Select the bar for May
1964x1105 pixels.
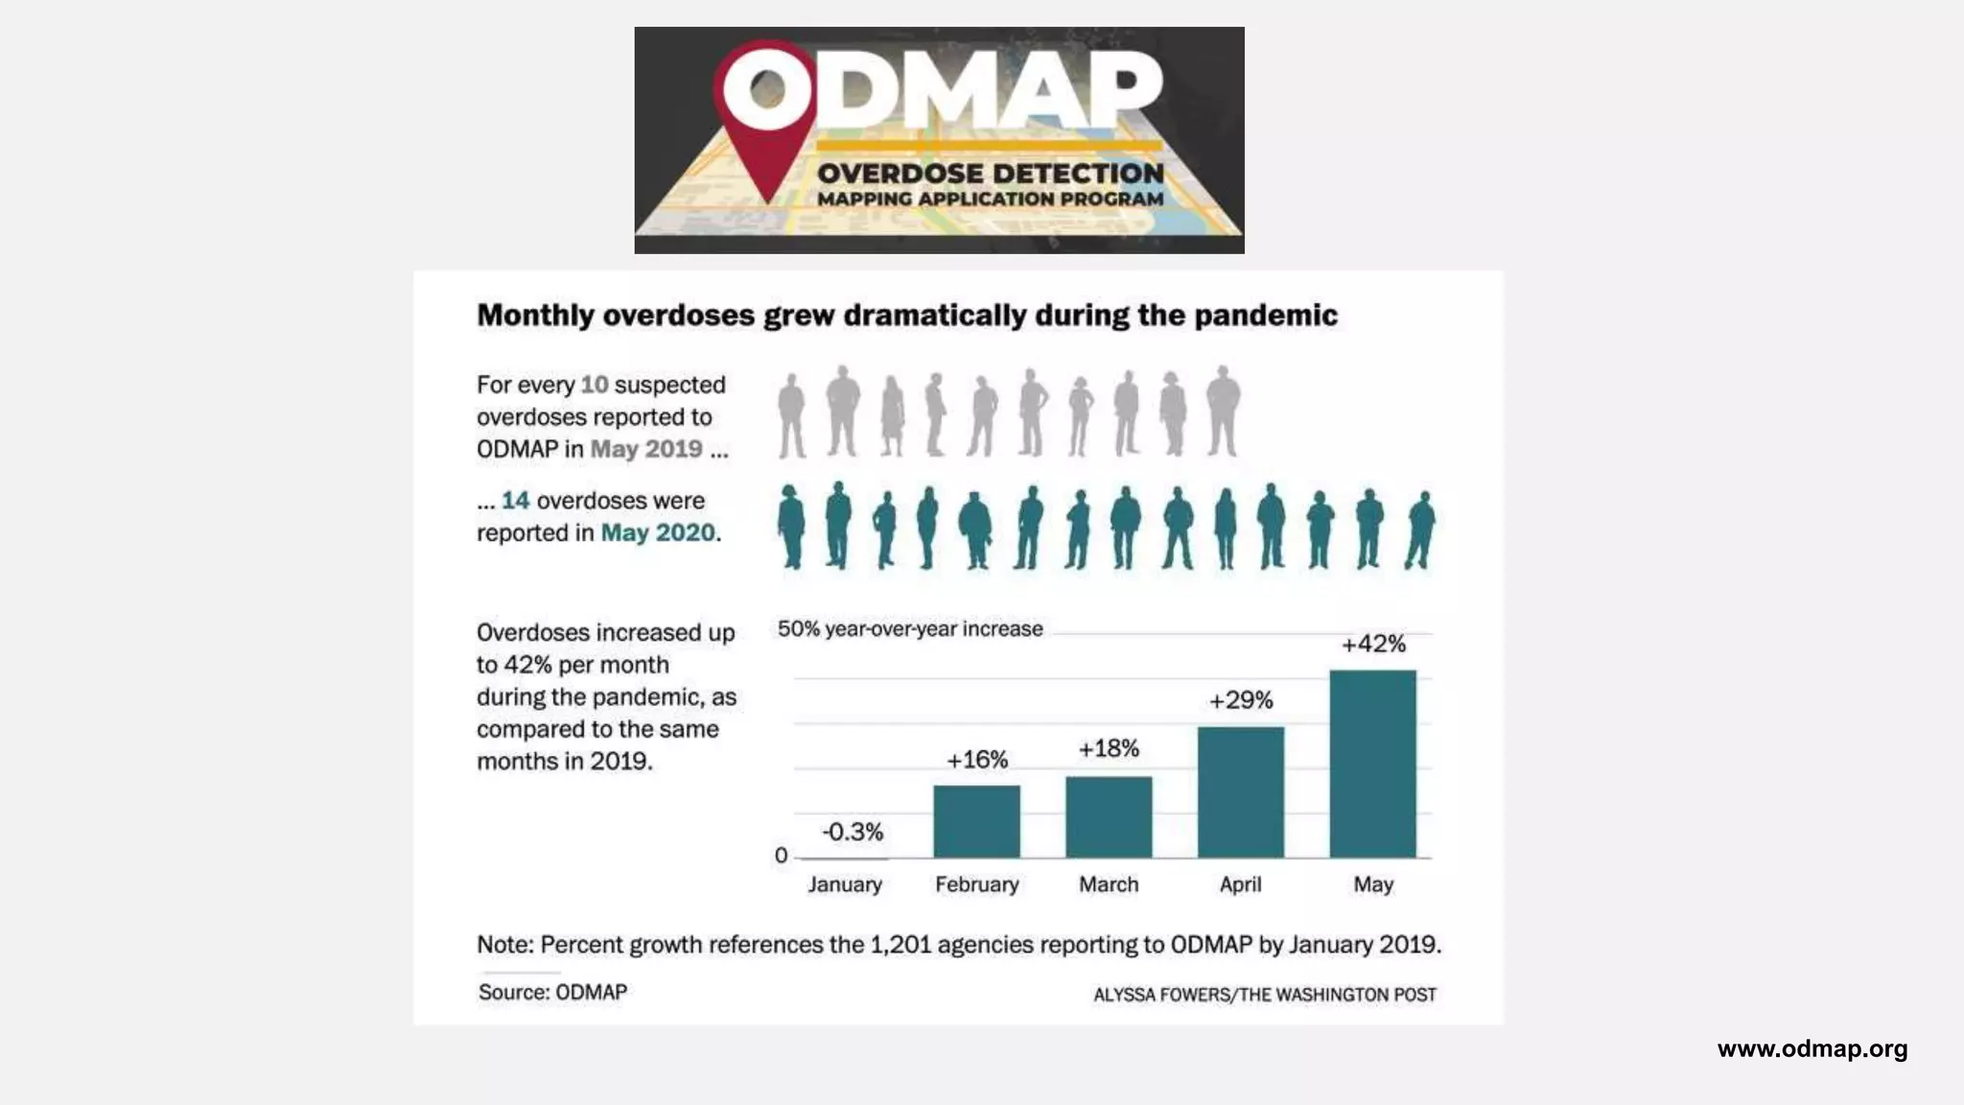[x=1372, y=764]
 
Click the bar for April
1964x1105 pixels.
[x=1240, y=792]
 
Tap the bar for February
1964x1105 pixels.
[x=976, y=821]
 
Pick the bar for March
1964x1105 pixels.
[x=1109, y=817]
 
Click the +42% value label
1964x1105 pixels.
[x=1373, y=644]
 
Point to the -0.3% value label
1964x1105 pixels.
[x=853, y=832]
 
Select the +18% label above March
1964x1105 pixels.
[x=1109, y=748]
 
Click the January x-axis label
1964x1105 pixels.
[x=844, y=884]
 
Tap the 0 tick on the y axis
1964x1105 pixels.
[x=781, y=856]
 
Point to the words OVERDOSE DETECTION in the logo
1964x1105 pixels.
[x=990, y=174]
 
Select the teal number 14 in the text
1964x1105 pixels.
[x=515, y=501]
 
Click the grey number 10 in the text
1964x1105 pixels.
[x=595, y=385]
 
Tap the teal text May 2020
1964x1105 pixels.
[x=658, y=533]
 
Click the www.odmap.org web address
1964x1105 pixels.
[x=1812, y=1048]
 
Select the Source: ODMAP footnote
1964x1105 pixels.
[x=552, y=992]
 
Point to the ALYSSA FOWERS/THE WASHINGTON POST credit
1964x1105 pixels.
[x=1264, y=995]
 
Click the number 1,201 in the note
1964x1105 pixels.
[x=900, y=945]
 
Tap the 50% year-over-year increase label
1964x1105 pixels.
[x=909, y=629]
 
